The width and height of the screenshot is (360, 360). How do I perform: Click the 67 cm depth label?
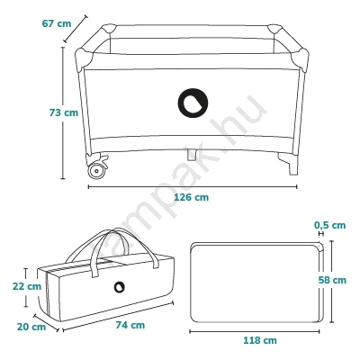(57, 23)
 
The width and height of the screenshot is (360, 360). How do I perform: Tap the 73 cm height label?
(64, 112)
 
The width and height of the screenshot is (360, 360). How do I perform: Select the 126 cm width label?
(192, 197)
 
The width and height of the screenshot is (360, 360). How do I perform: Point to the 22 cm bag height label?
(27, 286)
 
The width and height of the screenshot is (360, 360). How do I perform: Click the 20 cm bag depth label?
(31, 327)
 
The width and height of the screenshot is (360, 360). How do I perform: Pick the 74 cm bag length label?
(130, 325)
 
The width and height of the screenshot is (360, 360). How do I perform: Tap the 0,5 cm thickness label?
(330, 225)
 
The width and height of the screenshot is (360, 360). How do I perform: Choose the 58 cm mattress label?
(332, 280)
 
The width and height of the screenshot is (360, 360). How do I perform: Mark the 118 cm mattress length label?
(260, 340)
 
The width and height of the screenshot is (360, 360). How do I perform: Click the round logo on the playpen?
(193, 103)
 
